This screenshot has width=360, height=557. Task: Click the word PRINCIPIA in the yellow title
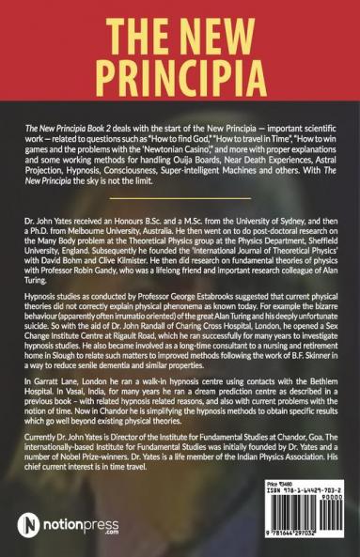coord(180,68)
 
